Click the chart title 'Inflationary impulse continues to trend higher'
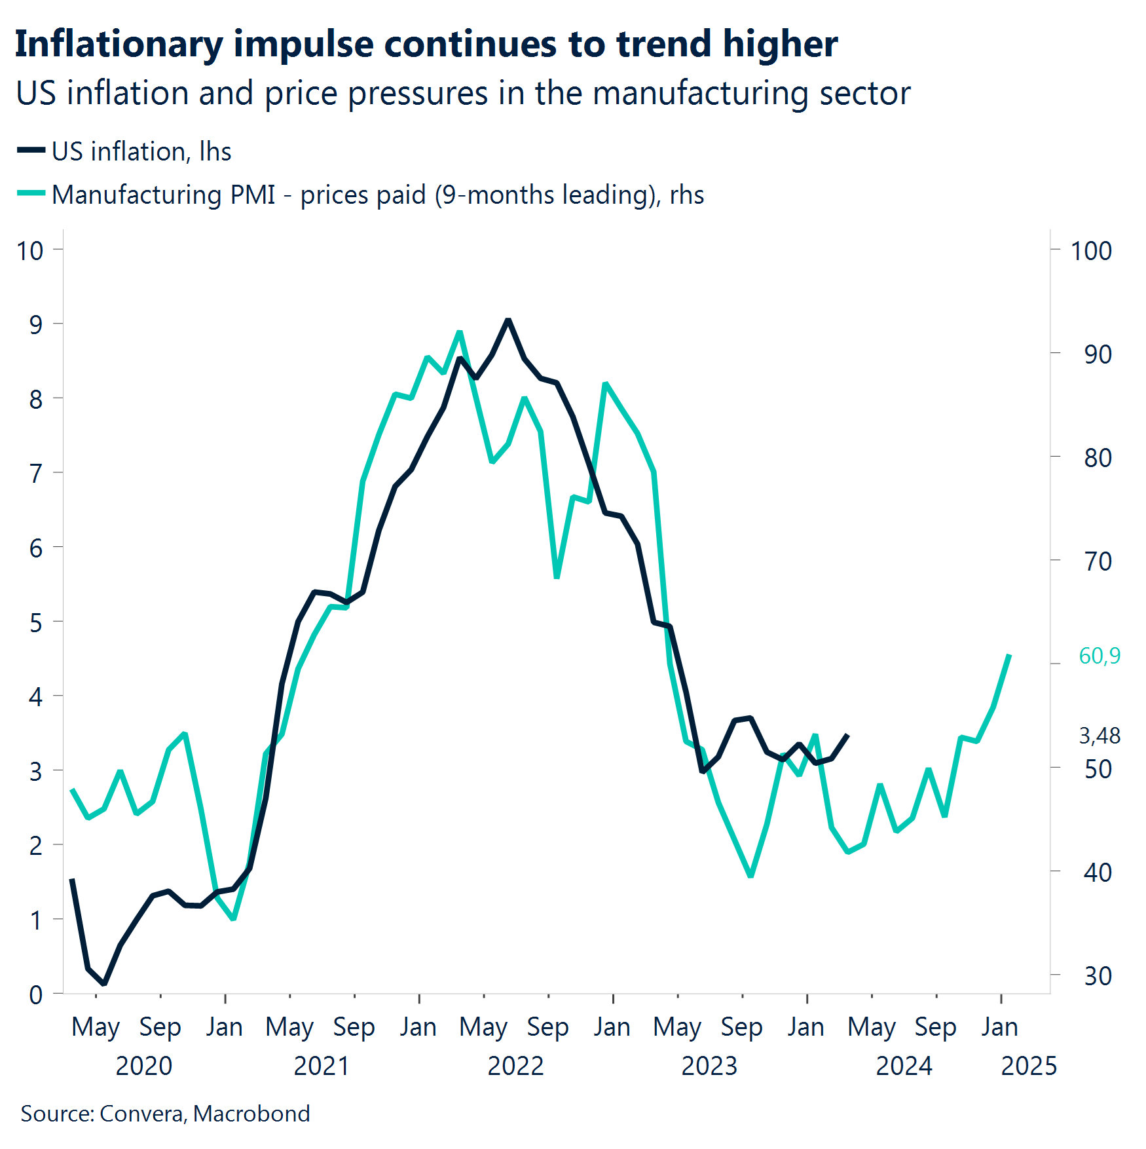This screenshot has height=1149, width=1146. click(x=426, y=45)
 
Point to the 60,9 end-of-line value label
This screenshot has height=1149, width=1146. click(x=1099, y=656)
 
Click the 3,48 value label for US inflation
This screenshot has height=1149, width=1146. click(x=1099, y=736)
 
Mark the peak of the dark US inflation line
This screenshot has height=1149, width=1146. click(x=508, y=320)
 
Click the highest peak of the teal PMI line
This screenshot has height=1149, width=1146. click(x=460, y=332)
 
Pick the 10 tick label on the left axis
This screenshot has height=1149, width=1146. click(x=30, y=251)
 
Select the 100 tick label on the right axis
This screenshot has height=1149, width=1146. click(x=1090, y=251)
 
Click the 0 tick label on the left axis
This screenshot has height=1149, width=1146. click(x=36, y=995)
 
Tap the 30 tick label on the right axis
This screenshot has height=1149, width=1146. click(x=1098, y=976)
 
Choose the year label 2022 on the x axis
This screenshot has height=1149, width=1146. click(x=515, y=1066)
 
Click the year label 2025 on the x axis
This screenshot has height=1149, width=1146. click(x=1028, y=1066)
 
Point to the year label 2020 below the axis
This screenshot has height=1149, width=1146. click(x=143, y=1066)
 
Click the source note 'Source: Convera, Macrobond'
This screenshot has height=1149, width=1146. click(x=165, y=1114)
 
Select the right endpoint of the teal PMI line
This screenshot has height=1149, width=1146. click(x=1010, y=656)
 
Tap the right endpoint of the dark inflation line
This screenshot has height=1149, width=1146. click(x=848, y=735)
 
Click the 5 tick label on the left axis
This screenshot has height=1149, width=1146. click(x=36, y=622)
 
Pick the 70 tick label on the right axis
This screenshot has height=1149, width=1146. click(x=1098, y=561)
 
